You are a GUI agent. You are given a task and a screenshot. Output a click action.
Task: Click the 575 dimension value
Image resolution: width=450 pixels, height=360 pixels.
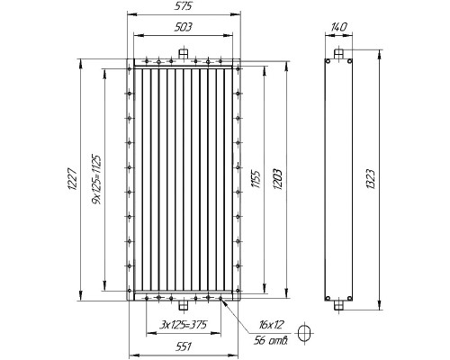pyautogui.click(x=183, y=6)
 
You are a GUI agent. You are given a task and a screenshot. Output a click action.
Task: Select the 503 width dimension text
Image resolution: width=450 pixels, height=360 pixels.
pyautogui.click(x=183, y=27)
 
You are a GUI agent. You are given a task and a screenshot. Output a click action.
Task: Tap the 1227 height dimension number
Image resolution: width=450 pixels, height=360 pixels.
pyautogui.click(x=74, y=179)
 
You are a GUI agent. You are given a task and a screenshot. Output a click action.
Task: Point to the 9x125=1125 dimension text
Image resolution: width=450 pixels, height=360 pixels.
pyautogui.click(x=97, y=179)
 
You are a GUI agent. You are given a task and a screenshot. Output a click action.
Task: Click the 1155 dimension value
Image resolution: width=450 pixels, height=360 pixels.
pyautogui.click(x=256, y=179)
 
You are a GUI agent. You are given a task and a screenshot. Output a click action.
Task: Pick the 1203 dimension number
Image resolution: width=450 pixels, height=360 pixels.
pyautogui.click(x=277, y=179)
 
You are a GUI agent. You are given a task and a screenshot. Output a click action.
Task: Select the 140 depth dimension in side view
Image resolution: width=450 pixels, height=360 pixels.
pyautogui.click(x=339, y=27)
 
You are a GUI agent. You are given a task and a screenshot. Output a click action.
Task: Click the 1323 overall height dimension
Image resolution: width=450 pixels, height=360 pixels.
pyautogui.click(x=371, y=179)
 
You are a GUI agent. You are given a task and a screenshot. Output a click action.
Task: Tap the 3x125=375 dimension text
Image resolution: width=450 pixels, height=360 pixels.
pyautogui.click(x=184, y=325)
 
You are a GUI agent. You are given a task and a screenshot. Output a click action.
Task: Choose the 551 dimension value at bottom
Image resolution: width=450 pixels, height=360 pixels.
pyautogui.click(x=183, y=346)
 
